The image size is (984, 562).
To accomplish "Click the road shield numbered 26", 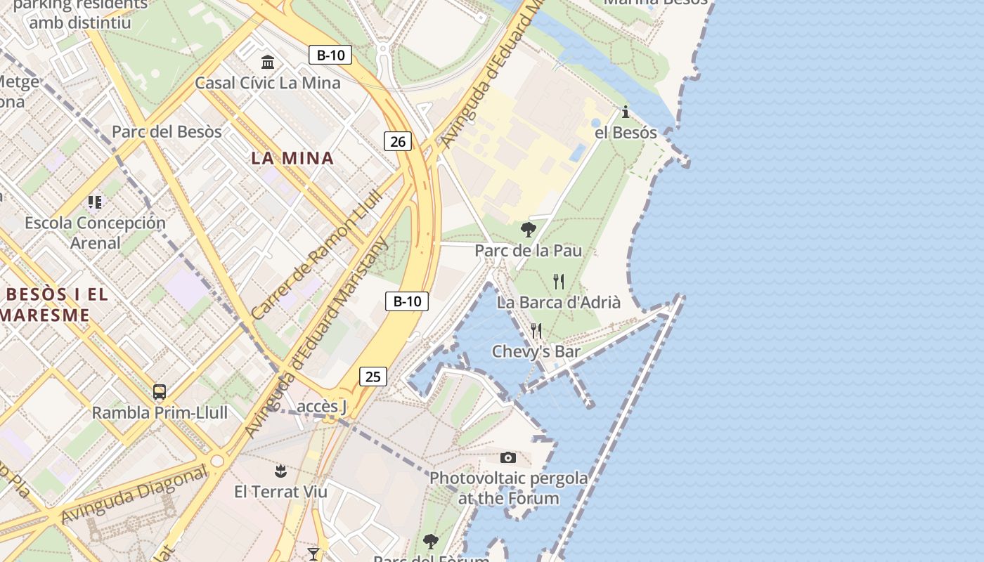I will tap(398, 141).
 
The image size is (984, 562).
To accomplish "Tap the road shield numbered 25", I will tap(373, 377).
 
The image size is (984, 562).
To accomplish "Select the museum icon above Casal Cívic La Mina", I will tap(268, 63).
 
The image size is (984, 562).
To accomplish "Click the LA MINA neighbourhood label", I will tap(292, 158).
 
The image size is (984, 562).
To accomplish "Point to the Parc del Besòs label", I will tap(167, 132).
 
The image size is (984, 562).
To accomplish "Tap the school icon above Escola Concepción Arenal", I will tap(95, 203).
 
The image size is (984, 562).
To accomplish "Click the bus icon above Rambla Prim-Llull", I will tap(160, 392).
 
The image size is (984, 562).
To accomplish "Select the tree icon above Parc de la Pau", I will tap(528, 230).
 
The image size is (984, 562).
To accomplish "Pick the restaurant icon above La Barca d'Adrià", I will tap(559, 282).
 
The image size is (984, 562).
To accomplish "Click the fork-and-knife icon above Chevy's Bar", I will tap(536, 331).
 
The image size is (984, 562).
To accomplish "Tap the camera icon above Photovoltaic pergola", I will tap(508, 458).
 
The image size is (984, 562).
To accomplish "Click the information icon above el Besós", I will tap(626, 112).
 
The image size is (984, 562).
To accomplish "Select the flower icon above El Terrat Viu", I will tap(280, 471).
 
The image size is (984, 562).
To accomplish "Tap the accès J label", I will tap(322, 407).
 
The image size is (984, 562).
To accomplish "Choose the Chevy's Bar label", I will tap(536, 351).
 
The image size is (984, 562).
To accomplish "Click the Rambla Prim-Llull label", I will tap(160, 412).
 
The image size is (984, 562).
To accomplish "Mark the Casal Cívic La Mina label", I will tap(268, 83).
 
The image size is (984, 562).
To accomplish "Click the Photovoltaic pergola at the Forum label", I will tap(509, 488).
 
